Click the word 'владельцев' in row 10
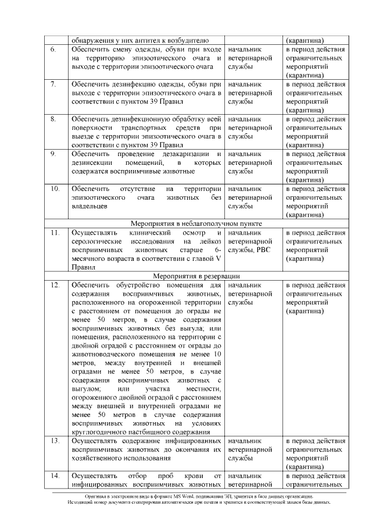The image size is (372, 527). pyautogui.click(x=89, y=206)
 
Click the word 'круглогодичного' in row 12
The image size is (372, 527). pyautogui.click(x=99, y=433)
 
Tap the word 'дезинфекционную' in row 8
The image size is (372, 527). pyautogui.click(x=145, y=119)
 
